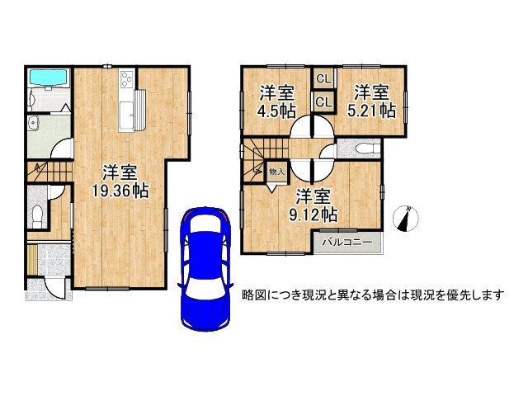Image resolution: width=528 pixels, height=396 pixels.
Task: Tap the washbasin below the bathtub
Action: point(34,125)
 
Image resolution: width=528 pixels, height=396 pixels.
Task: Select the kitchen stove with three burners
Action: point(127,79)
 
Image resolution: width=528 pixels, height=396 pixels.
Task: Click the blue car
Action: point(203,266)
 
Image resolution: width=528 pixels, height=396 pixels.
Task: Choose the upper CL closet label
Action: point(323,79)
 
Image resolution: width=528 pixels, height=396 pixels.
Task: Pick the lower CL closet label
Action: point(323,102)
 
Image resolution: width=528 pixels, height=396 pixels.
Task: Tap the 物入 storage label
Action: point(276,172)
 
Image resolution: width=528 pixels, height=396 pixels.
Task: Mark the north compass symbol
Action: point(406,219)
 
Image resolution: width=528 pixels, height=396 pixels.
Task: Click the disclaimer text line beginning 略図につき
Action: point(372,295)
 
